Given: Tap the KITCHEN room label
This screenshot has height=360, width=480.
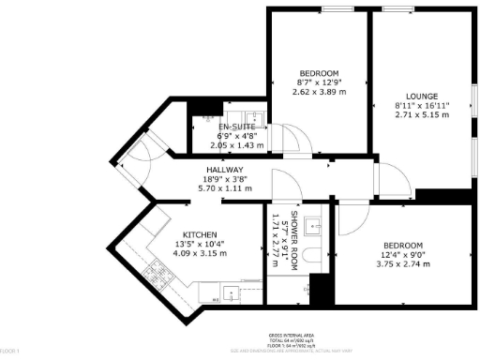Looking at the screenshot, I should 201,234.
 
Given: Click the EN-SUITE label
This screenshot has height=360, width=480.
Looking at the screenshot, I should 237,127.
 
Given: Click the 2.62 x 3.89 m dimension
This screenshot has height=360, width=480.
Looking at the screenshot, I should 319,92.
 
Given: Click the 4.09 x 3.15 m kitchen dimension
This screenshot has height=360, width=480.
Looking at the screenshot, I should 201,253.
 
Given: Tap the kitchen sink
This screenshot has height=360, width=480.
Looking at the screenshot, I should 230,292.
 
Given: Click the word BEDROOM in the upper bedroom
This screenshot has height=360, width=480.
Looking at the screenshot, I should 319,73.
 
